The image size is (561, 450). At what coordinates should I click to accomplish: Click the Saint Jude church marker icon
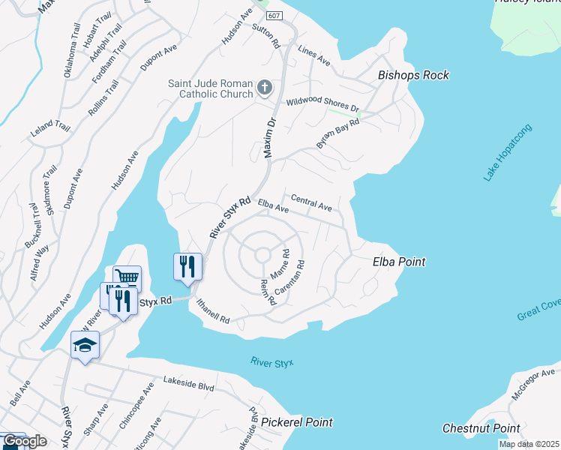[x=264, y=88]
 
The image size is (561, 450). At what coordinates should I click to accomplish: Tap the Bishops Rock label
[x=413, y=75]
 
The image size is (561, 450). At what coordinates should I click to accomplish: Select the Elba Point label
[x=399, y=262]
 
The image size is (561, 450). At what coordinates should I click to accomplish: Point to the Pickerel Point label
[x=297, y=423]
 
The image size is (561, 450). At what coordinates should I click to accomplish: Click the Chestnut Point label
[x=481, y=428]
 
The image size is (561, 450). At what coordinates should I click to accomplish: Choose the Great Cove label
[x=538, y=310]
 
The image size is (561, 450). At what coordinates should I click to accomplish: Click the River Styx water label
[x=271, y=363]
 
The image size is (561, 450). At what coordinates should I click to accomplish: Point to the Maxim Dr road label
[x=270, y=136]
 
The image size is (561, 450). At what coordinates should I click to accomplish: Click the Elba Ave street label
[x=272, y=205]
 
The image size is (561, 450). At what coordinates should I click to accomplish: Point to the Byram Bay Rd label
[x=338, y=132]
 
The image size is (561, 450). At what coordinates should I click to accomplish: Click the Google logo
[x=25, y=441]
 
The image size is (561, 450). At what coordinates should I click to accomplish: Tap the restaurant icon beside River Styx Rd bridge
[x=186, y=265]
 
